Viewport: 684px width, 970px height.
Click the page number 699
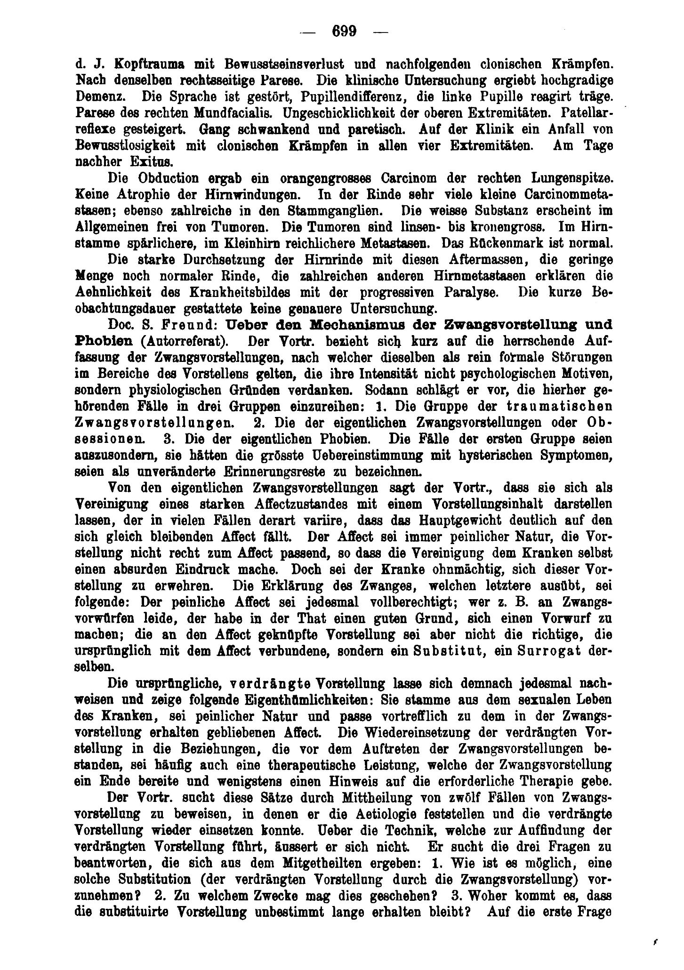(345, 32)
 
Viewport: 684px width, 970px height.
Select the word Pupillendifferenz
(348, 96)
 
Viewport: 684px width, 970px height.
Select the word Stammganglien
(346, 211)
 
